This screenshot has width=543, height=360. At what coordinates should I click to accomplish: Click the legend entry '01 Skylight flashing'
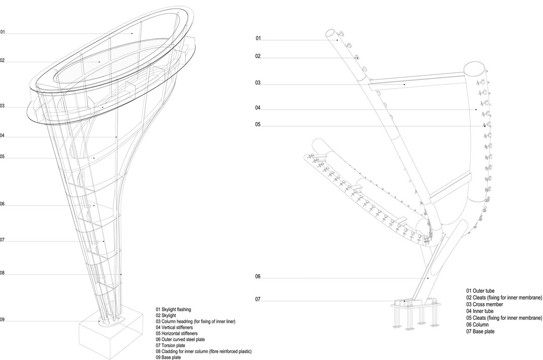pos(173,309)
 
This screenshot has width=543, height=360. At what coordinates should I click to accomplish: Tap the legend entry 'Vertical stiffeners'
pos(177,327)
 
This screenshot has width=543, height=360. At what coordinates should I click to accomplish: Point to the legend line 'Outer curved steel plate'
pos(183,339)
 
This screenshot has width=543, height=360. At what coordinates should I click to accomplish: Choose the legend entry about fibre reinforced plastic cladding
pos(204,351)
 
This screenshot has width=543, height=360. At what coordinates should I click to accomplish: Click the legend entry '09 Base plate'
pos(168,357)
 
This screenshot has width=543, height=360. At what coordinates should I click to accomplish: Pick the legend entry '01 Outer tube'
pos(480,291)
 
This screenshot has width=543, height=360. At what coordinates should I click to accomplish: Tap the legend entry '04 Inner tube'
pos(480,311)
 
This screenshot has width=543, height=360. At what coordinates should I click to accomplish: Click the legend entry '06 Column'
pos(477,325)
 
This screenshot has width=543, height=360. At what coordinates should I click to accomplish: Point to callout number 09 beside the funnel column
pos(2,320)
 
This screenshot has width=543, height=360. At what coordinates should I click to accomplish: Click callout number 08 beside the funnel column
pos(2,273)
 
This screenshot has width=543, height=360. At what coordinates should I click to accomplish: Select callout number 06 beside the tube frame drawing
pos(257,277)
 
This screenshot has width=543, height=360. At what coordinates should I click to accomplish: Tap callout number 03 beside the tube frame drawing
pos(257,83)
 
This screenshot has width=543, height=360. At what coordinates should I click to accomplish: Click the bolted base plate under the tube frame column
pos(416,306)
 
